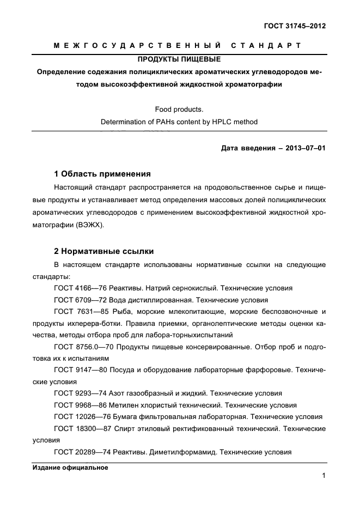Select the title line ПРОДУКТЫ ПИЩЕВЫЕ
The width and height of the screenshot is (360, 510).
tap(179, 59)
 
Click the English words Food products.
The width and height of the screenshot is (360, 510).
tap(179, 110)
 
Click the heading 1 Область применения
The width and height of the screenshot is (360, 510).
tap(102, 174)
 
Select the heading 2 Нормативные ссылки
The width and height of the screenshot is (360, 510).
tap(104, 251)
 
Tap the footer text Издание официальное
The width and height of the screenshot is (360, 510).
tap(70, 467)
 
